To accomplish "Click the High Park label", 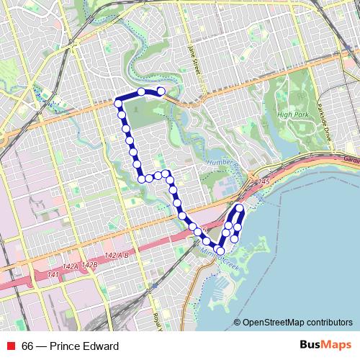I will [293, 114].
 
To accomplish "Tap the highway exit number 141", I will [53, 275].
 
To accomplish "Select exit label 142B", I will [89, 265].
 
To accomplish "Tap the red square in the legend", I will [11, 347].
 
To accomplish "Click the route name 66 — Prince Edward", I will [70, 347].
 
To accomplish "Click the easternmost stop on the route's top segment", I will [161, 91].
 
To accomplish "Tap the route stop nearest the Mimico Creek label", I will [220, 251].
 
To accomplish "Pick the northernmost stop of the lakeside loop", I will [240, 208].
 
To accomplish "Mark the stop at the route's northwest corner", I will [119, 104].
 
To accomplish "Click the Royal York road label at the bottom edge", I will [156, 317].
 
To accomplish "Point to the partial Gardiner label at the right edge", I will [351, 159].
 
